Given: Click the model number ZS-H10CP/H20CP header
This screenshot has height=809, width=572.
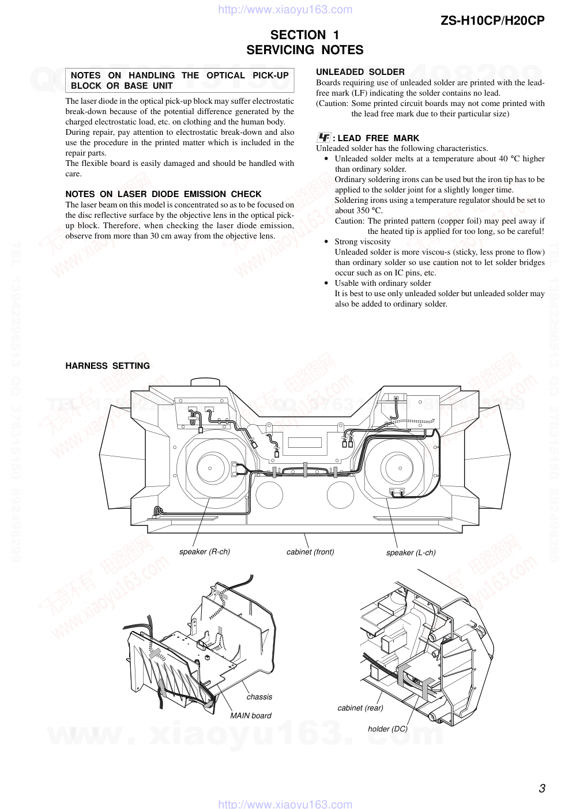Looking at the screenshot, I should (492, 21).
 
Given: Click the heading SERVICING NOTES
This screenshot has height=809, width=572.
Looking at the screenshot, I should (304, 50).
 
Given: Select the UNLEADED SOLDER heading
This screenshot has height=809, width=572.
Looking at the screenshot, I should (360, 72).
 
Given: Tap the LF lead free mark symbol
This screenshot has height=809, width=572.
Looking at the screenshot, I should (323, 138).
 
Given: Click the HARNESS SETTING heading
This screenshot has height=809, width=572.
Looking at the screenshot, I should (107, 366).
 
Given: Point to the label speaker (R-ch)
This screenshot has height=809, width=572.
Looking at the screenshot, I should (204, 551).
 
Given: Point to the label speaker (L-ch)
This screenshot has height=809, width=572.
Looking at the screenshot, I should (411, 553).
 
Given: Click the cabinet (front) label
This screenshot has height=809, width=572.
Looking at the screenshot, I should (310, 551).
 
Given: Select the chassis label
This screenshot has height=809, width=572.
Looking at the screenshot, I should (259, 697).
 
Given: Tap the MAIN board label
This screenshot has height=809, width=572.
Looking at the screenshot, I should (250, 716).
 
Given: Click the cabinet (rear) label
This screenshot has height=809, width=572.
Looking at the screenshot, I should (360, 708).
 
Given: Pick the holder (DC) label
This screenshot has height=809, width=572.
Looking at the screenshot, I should (387, 729).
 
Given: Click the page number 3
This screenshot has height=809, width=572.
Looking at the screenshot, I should (541, 788).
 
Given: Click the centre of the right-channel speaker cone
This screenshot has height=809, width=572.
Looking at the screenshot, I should (209, 468).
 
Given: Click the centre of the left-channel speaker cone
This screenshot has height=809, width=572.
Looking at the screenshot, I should (397, 467).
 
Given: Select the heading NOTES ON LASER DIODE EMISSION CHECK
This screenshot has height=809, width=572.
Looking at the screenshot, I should (163, 194).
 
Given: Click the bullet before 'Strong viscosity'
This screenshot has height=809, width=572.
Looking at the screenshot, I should (326, 242).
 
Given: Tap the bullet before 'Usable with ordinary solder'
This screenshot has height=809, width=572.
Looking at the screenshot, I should (326, 283).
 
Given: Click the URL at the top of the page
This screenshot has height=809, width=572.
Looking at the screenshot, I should (285, 9).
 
